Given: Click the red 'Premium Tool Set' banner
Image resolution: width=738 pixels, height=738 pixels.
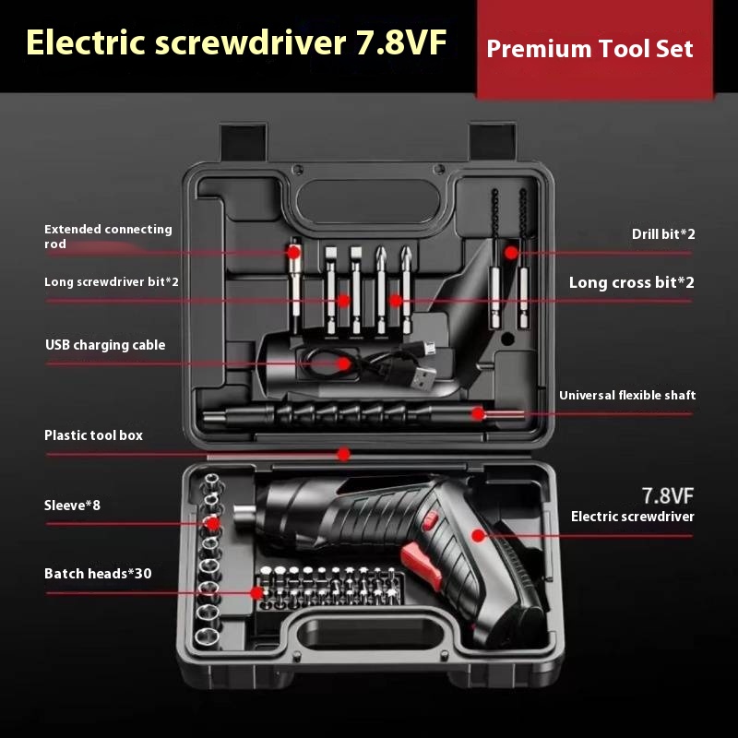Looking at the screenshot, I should point(589,49).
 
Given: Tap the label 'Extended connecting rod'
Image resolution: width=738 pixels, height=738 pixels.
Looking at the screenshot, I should point(108,236).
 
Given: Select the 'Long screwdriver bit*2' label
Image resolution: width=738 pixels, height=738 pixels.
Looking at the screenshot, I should point(112,281).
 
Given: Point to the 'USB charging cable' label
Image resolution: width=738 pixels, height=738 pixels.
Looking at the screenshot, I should point(105,345).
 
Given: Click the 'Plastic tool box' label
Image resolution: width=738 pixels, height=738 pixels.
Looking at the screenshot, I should point(93,434).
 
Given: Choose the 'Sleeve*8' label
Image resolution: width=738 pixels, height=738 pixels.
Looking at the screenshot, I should point(71,506).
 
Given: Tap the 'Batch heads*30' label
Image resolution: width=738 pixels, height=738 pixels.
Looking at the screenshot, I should point(98,574).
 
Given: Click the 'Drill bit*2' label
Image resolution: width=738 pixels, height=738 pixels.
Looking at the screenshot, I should point(663,234).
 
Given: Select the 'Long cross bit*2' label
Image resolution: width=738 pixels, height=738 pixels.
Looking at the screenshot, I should point(631,282).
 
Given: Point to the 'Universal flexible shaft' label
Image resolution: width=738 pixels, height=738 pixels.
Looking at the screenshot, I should point(627,395).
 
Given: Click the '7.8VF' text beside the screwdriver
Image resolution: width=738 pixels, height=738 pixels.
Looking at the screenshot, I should point(668,494).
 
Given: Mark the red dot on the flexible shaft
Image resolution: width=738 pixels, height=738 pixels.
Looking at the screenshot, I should point(478,413).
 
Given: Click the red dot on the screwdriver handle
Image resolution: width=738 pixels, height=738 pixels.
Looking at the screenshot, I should point(478,535).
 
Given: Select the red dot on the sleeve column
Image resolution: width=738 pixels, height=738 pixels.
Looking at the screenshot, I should point(213,523).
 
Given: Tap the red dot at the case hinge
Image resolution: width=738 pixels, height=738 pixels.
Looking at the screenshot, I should point(343,454).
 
